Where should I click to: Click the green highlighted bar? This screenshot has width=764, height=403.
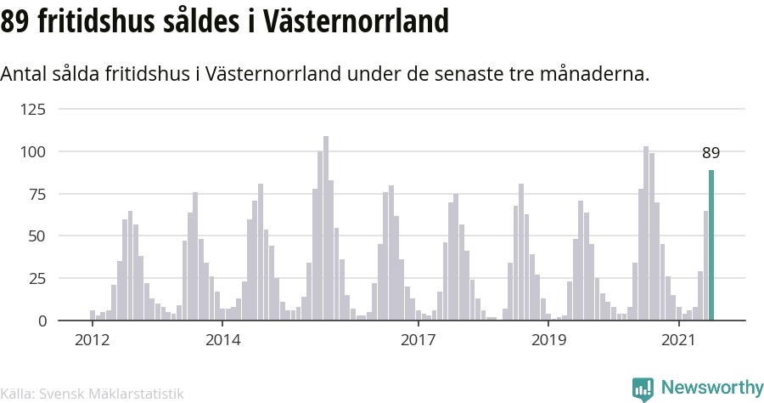(x=711, y=245)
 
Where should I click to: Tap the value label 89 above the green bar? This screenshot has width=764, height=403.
(x=711, y=154)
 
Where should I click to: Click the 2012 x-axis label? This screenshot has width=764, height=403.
(x=93, y=340)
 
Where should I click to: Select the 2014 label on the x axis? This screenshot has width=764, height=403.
(x=222, y=340)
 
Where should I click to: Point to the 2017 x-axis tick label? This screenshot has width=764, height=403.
(x=418, y=340)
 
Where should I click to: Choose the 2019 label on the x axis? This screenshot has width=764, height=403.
(x=548, y=340)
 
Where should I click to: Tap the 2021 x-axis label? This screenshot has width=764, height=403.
(x=679, y=340)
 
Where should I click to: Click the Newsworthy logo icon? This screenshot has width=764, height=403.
(x=643, y=389)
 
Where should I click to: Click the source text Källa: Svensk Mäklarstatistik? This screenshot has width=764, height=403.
(x=92, y=393)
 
